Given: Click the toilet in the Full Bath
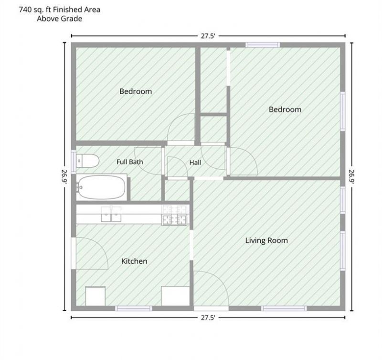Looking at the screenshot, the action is click(x=88, y=161).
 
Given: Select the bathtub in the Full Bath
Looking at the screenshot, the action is click(x=101, y=187).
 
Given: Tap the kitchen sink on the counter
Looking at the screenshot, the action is click(x=111, y=214).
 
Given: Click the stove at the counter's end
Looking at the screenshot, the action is click(x=174, y=215).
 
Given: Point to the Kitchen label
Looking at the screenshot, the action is click(x=134, y=261).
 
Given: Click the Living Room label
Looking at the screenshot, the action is click(x=266, y=240).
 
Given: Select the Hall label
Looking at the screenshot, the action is click(x=195, y=163).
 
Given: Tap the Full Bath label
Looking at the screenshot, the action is click(x=129, y=162).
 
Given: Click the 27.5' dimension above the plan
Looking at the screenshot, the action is click(x=208, y=36).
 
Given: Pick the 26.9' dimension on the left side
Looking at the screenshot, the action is click(x=64, y=176).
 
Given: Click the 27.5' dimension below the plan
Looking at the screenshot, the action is click(x=208, y=317).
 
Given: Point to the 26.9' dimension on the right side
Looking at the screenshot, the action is click(x=351, y=176).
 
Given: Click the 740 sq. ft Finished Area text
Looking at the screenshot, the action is click(x=60, y=10).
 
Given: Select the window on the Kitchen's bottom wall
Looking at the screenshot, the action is click(x=134, y=308).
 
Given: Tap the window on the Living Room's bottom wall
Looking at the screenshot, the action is click(x=284, y=308).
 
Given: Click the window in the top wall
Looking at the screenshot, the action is click(x=263, y=45).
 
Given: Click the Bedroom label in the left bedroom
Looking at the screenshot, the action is click(x=136, y=91).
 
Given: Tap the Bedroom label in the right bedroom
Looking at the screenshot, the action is click(x=285, y=109).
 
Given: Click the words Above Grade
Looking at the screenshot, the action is click(x=59, y=19).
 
